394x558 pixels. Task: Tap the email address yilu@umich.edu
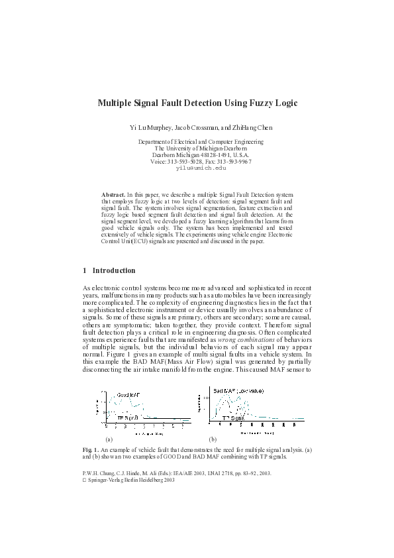[197, 169]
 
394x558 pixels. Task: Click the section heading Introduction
[114, 270]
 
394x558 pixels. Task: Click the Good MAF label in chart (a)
[128, 396]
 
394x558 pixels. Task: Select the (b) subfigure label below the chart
[213, 439]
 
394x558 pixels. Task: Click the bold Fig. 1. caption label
[91, 451]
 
